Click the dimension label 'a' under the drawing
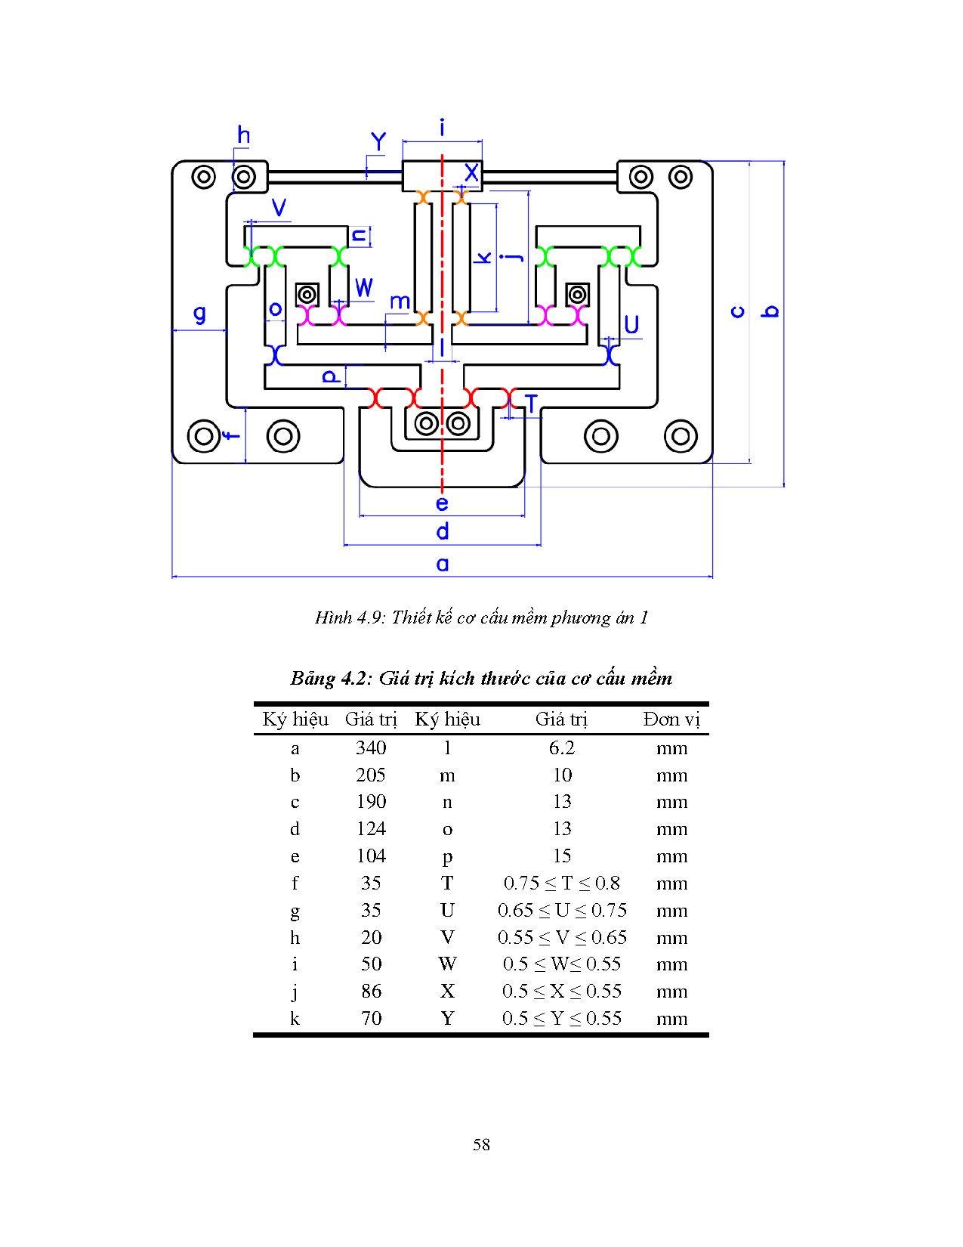(x=443, y=564)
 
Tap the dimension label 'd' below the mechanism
(x=443, y=532)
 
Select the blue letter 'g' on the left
(x=199, y=314)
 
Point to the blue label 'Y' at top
(x=378, y=141)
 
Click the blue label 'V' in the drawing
(x=279, y=208)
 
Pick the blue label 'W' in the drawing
(x=364, y=288)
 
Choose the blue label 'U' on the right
(x=631, y=325)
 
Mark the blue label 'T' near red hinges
(x=531, y=404)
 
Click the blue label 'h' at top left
(x=243, y=135)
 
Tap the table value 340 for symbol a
(x=371, y=748)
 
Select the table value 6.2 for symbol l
(x=561, y=748)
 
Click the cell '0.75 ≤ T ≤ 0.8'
(x=561, y=883)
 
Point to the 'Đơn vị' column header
(x=671, y=719)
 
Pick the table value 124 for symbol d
(x=371, y=829)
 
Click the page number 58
(x=481, y=1145)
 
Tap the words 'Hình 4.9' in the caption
(x=349, y=618)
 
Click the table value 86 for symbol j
(x=371, y=992)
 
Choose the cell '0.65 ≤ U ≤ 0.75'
(x=561, y=911)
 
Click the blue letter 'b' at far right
(x=770, y=311)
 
